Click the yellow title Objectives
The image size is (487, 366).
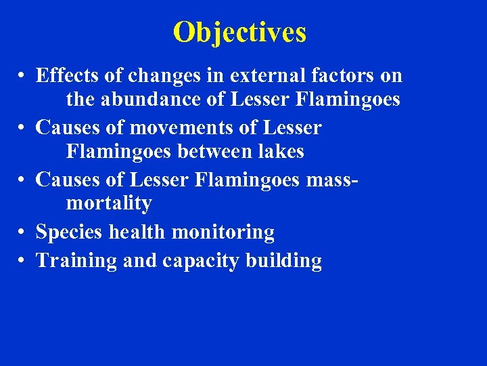click(239, 32)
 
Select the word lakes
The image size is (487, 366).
click(281, 152)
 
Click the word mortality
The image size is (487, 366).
click(109, 203)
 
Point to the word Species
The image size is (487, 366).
click(70, 232)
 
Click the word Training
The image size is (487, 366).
click(76, 261)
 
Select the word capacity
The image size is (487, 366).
click(206, 261)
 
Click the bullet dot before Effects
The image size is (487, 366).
click(23, 76)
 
